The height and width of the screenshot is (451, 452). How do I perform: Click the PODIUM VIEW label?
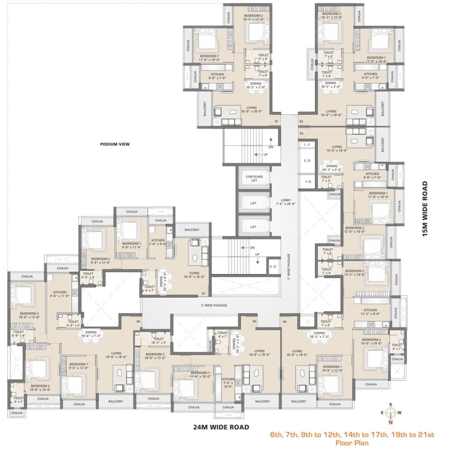coord(115,144)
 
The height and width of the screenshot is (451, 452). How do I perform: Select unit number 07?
coord(204,294)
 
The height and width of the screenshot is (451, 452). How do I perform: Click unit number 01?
coord(277,122)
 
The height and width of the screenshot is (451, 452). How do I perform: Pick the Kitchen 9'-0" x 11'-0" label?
coord(62,294)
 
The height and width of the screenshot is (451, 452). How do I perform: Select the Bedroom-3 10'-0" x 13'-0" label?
coord(29,316)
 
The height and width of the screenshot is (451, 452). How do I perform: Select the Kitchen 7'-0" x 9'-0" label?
coord(158,244)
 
